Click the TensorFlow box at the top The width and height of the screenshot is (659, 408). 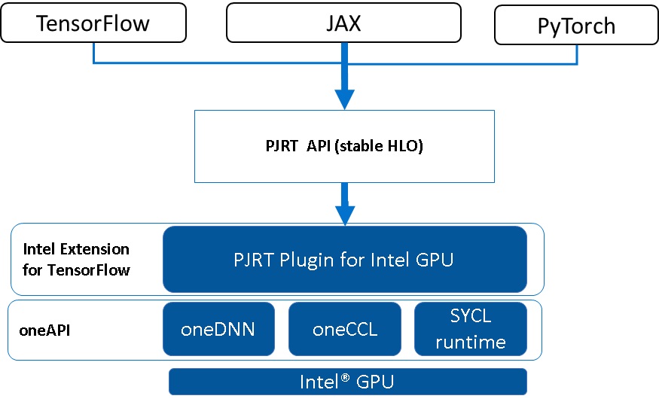pos(93,23)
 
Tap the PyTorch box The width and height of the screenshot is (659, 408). pos(576,26)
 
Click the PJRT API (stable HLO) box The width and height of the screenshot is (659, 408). pos(344,146)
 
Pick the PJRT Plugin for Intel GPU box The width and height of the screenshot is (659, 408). pos(344,260)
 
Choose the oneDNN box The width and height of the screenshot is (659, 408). pos(217,330)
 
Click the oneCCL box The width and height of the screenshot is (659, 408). pos(344,330)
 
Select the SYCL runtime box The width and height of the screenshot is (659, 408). pos(470,330)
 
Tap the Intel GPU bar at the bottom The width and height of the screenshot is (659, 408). pos(346,382)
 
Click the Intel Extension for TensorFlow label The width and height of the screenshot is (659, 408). pos(76,259)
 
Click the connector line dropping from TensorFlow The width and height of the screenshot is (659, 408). pos(93,52)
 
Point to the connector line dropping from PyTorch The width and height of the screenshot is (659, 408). pos(577,53)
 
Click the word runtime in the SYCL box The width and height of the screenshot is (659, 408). pos(470,343)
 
